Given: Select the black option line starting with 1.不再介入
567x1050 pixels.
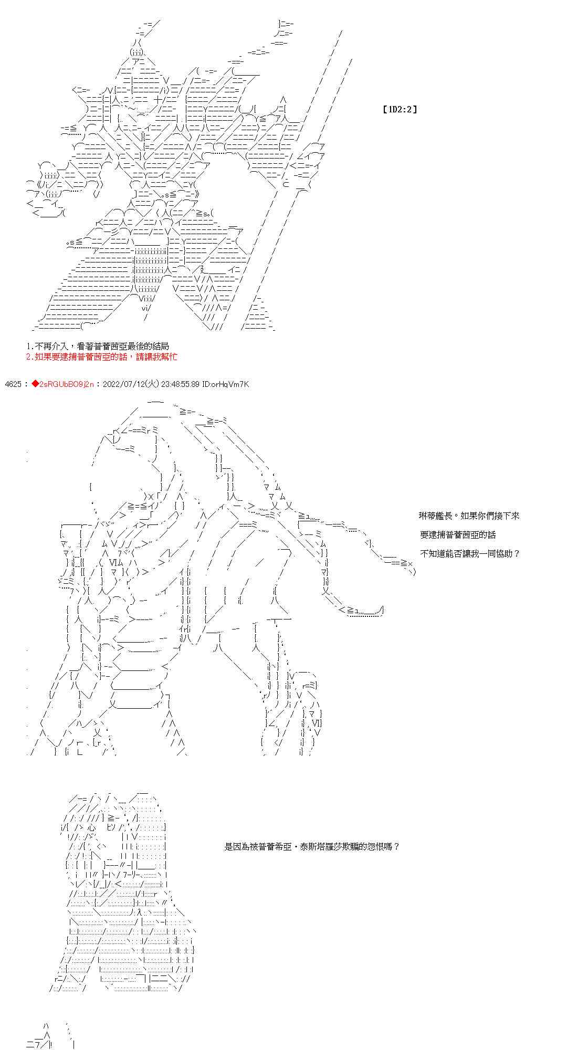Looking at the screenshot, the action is click(x=98, y=346).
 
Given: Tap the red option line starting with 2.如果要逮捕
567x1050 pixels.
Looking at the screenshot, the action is click(x=101, y=357).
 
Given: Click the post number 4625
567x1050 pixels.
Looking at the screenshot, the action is click(x=12, y=384).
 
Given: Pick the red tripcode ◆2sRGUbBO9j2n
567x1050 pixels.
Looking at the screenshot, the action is click(x=62, y=384).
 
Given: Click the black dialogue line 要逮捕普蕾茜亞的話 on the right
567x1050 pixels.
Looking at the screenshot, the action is click(x=458, y=534).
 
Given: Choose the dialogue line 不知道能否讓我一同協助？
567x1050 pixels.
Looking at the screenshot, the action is click(x=469, y=553).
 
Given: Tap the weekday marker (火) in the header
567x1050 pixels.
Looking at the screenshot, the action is click(x=154, y=384).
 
